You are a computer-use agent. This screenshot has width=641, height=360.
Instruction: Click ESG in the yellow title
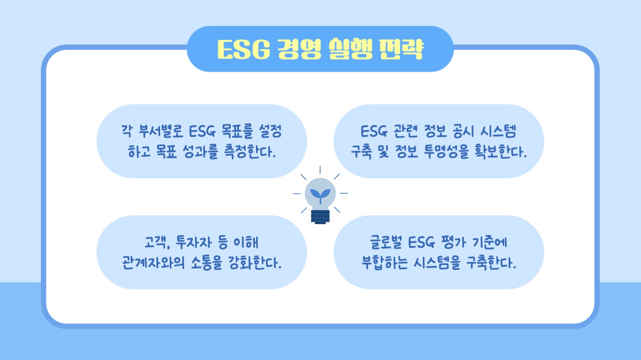pyautogui.click(x=243, y=50)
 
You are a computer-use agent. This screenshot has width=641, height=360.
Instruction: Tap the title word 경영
pyautogui.click(x=299, y=50)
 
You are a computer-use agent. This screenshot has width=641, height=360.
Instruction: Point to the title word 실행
pyautogui.click(x=351, y=50)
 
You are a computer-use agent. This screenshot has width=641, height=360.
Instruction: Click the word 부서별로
pyautogui.click(x=160, y=131)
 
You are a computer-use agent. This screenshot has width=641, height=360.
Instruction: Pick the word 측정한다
pyautogui.click(x=250, y=152)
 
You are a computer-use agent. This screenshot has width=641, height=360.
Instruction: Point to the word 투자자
pyautogui.click(x=194, y=242)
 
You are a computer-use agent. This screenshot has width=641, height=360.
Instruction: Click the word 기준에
pyautogui.click(x=489, y=242)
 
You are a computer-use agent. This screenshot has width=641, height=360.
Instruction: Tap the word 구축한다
pyautogui.click(x=491, y=263)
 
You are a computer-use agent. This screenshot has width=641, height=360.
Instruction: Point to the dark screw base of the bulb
pyautogui.click(x=320, y=216)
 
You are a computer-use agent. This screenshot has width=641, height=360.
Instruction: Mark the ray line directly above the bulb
pyautogui.click(x=320, y=170)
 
